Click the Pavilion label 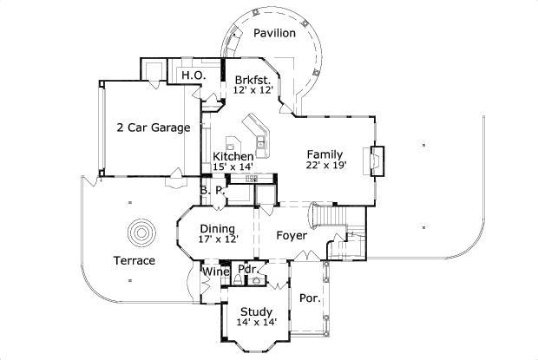[274, 33]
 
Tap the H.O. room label [192, 76]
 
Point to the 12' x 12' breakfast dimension [253, 89]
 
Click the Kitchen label [233, 156]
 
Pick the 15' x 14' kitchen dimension [233, 167]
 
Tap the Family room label [325, 153]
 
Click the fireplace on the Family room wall [377, 160]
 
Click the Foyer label [292, 235]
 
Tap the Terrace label [134, 260]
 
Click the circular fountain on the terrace [141, 233]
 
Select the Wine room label [215, 272]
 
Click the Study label [256, 312]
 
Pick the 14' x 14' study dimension [256, 324]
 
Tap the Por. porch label [310, 298]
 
